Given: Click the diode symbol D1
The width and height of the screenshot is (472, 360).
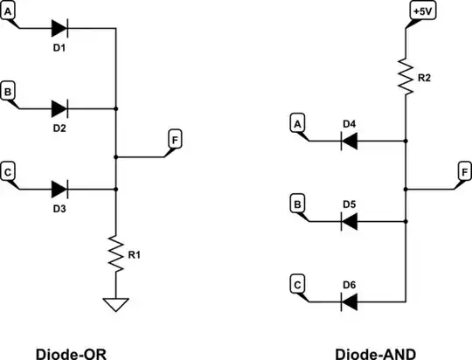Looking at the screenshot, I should coord(59,28).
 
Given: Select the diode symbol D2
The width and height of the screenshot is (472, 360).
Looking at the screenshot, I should coord(59,108).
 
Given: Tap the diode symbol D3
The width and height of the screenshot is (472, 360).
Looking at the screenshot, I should coord(59,188).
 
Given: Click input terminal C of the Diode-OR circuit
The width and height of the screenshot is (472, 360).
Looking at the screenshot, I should coord(8,172).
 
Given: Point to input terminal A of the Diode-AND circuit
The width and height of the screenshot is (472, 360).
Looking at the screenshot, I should coord(298,124).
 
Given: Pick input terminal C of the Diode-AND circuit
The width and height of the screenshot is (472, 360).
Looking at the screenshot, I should coord(298,285).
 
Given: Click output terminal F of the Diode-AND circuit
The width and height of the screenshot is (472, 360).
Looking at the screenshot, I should coord(464,171).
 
